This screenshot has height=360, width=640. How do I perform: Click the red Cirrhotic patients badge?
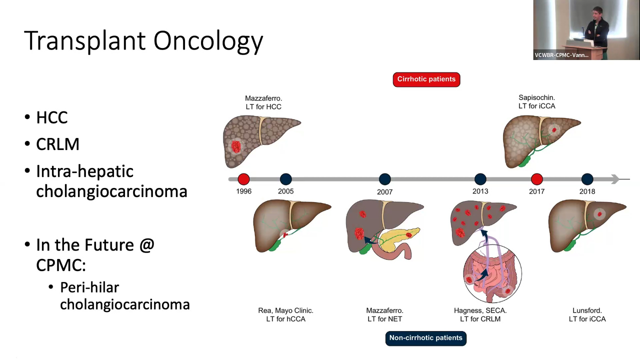pos(426,79)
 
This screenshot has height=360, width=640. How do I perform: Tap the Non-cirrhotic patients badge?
pos(425,338)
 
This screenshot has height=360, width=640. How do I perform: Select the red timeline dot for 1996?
pos(243,179)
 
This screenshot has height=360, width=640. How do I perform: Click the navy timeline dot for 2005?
pos(285,179)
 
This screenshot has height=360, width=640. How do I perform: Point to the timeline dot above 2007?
pos(385,179)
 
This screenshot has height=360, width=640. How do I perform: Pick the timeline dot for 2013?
pos(480,179)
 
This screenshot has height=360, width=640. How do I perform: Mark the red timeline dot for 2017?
pos(537,179)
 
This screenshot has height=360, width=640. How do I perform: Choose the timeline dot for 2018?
pos(587,179)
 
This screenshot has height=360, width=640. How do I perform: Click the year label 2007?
pos(385,192)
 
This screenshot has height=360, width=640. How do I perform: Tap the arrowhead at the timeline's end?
pos(615,179)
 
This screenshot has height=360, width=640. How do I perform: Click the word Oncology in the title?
pos(208,41)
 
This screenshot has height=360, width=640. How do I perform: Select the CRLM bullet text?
pos(57,144)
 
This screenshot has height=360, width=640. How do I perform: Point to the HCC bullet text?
pos(52,117)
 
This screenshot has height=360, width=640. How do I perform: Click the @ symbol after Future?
pos(146,245)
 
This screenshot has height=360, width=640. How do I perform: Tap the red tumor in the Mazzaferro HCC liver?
pos(236,146)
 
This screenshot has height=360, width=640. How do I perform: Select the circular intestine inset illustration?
pos(492,273)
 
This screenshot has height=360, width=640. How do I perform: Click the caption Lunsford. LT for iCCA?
pos(587,315)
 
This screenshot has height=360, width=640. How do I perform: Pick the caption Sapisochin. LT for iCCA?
pos(537,102)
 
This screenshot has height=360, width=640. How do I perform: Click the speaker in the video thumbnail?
pos(596,28)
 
